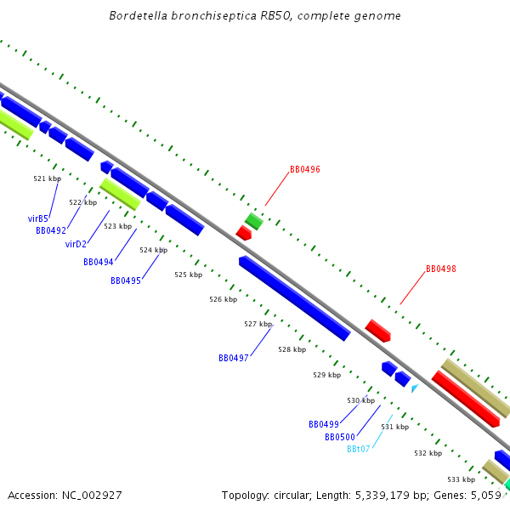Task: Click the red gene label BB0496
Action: pyautogui.click(x=304, y=169)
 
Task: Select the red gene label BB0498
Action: pyautogui.click(x=440, y=269)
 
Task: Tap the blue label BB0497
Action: pyautogui.click(x=233, y=358)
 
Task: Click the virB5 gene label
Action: pyautogui.click(x=38, y=218)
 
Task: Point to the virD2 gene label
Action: pyautogui.click(x=76, y=244)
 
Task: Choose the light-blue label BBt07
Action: pyautogui.click(x=358, y=449)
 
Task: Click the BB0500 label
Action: pyautogui.click(x=339, y=437)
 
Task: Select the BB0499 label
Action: pyautogui.click(x=323, y=424)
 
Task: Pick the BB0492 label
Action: pyautogui.click(x=50, y=230)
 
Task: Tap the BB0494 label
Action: pyautogui.click(x=98, y=262)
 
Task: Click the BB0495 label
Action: pyautogui.click(x=125, y=280)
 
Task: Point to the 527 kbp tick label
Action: pyautogui.click(x=258, y=324)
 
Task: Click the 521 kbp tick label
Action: pyautogui.click(x=47, y=178)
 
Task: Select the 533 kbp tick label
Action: pyautogui.click(x=461, y=479)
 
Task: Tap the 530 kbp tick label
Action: pyautogui.click(x=360, y=399)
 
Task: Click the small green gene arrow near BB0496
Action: pyautogui.click(x=253, y=221)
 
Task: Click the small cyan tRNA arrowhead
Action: pyautogui.click(x=415, y=388)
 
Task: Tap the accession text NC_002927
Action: pyautogui.click(x=65, y=495)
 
